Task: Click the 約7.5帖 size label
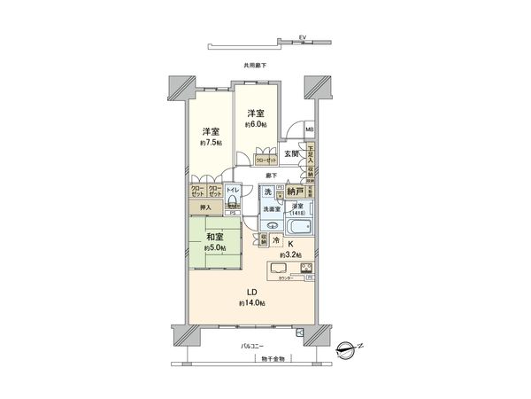point(211,142)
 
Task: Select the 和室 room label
point(213,237)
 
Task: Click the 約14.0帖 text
point(251,303)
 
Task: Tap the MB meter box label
point(309,131)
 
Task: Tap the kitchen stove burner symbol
point(306,269)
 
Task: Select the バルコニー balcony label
point(253,344)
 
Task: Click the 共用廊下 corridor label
point(254,66)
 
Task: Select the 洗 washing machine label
point(267,191)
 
